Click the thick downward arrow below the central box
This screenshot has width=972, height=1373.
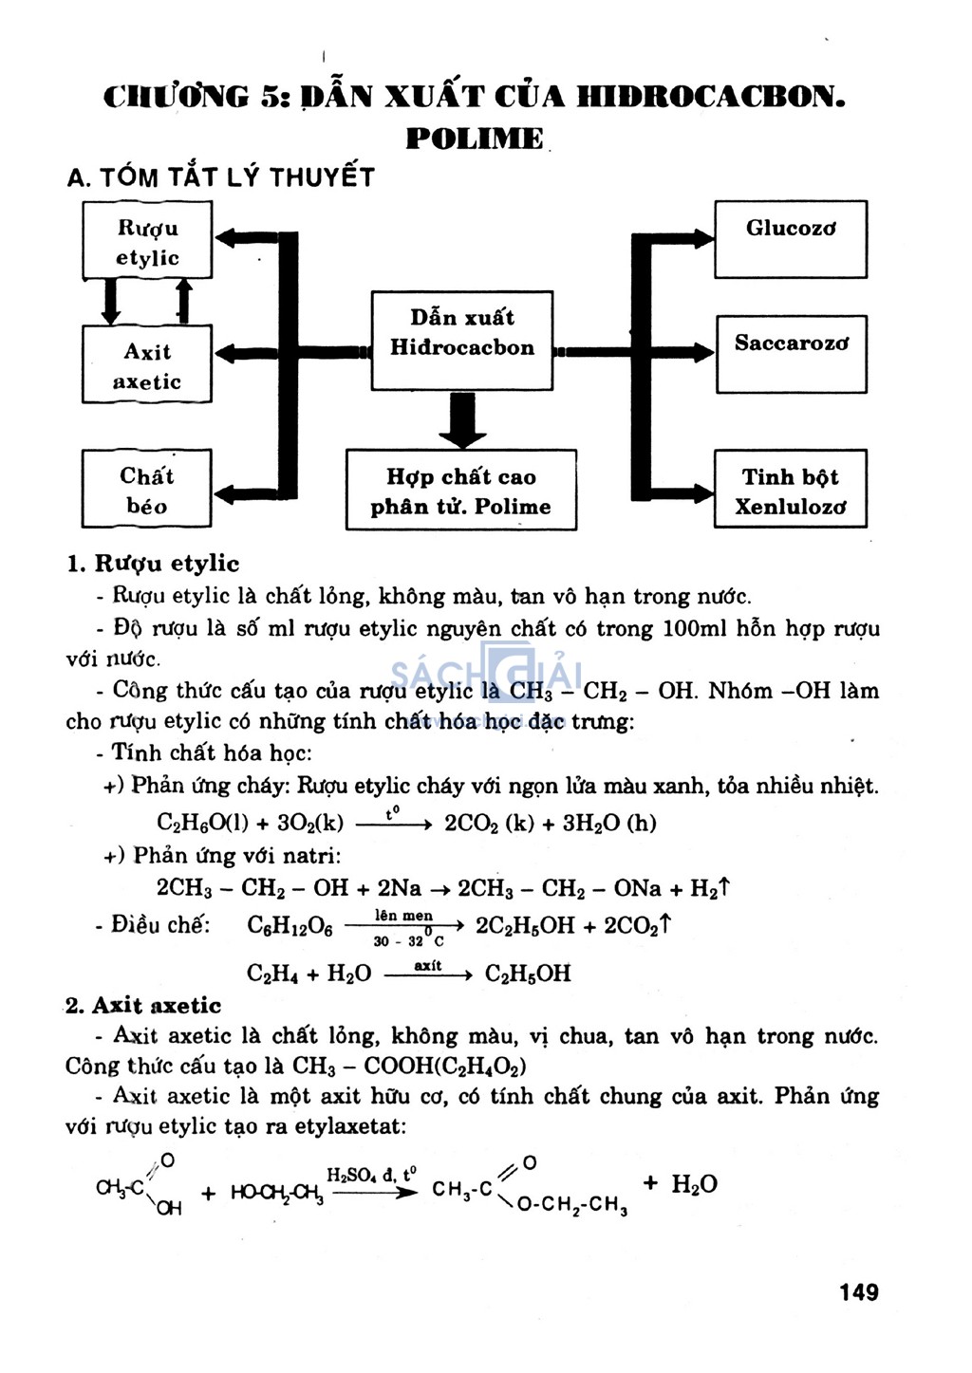click(x=462, y=420)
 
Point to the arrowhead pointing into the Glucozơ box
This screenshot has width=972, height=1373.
click(x=703, y=238)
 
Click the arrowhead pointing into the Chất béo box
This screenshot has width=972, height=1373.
click(x=225, y=494)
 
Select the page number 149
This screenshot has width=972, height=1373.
click(x=858, y=1291)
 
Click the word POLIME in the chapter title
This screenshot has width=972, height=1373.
click(x=474, y=139)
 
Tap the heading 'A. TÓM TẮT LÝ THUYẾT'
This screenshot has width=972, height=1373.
click(x=221, y=177)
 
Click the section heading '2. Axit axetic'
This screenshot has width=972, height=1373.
click(x=143, y=1005)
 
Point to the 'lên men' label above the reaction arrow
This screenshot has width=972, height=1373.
click(x=403, y=915)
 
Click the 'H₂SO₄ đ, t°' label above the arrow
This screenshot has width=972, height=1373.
click(x=372, y=1175)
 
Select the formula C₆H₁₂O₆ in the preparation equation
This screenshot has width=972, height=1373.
click(x=290, y=926)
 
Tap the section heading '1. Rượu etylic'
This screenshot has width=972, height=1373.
click(x=153, y=564)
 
